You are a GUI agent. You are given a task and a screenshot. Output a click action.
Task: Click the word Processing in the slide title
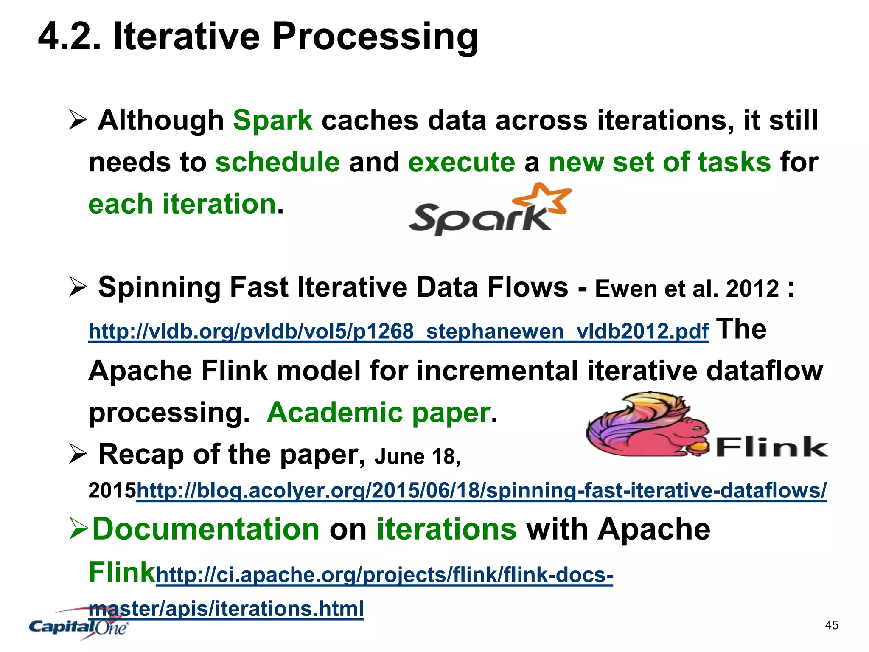click(x=375, y=37)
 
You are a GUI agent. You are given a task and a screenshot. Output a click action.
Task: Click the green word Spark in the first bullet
click(x=272, y=120)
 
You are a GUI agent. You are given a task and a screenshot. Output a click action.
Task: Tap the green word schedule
click(x=278, y=162)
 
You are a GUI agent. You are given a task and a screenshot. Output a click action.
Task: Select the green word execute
click(x=462, y=162)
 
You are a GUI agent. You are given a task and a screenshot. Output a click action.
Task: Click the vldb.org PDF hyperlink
click(x=398, y=332)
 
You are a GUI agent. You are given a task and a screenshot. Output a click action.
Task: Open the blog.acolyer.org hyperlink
click(x=481, y=491)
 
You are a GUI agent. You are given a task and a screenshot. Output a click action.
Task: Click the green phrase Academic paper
click(x=378, y=412)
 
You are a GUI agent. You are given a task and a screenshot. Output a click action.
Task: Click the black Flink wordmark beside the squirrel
click(x=772, y=447)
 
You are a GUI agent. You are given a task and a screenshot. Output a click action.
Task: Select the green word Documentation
click(x=206, y=529)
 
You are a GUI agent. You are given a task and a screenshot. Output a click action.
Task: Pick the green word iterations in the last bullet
click(x=446, y=529)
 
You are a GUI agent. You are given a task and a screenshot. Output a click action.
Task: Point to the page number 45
click(x=832, y=625)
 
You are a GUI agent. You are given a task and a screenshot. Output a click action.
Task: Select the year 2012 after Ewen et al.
click(x=752, y=289)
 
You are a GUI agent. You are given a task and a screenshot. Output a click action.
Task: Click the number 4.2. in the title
click(x=70, y=37)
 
